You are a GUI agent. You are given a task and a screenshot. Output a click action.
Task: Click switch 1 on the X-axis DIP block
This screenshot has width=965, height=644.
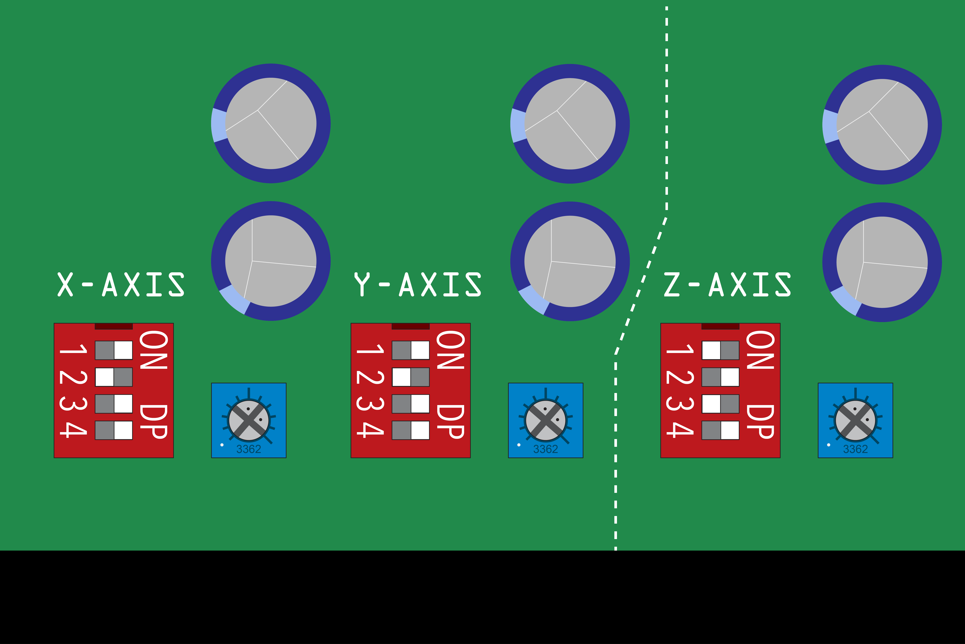(114, 350)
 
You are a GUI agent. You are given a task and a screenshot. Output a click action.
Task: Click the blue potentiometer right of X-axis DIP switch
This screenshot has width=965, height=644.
(249, 420)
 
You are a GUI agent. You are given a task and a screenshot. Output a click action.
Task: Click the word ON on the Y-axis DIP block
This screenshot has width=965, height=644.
(451, 350)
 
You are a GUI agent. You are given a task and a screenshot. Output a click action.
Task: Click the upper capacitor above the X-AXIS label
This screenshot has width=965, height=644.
(271, 123)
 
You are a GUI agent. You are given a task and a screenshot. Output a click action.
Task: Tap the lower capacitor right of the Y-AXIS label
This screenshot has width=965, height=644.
(570, 261)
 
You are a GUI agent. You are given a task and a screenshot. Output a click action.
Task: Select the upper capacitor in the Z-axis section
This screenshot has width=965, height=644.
(882, 124)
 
